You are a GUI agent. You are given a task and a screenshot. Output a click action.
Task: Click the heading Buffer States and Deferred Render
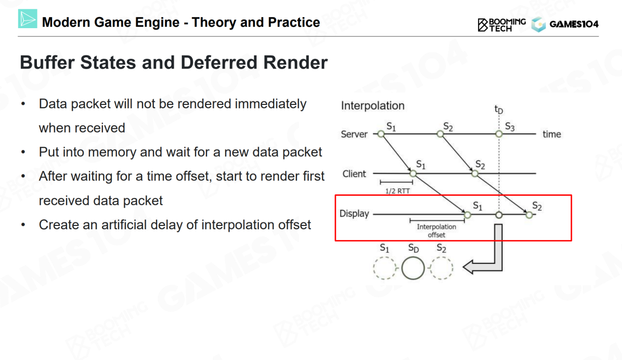pos(173,63)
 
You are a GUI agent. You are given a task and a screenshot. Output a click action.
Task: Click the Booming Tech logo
pos(502,24)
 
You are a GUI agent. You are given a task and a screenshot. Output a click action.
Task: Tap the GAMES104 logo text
pos(574,24)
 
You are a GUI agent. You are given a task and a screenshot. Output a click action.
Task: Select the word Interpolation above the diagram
pos(372,106)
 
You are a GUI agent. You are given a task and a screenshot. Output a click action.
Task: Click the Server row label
pos(354,134)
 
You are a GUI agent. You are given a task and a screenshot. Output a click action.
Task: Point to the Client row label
pos(354,174)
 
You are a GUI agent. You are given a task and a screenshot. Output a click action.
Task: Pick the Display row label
pos(354,214)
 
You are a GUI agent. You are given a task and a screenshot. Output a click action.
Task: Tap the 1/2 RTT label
pos(397,191)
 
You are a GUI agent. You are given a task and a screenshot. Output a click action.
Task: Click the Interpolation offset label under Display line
pos(436,231)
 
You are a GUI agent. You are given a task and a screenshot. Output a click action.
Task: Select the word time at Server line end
pos(552,134)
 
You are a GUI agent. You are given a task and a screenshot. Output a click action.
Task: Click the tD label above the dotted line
pos(499,109)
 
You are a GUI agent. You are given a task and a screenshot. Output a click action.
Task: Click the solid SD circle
pos(413,268)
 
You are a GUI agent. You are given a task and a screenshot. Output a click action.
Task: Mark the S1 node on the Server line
pos(381,134)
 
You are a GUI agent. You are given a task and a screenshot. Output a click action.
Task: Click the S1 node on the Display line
pos(467,214)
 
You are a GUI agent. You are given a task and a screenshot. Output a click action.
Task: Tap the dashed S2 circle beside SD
pos(441,268)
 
